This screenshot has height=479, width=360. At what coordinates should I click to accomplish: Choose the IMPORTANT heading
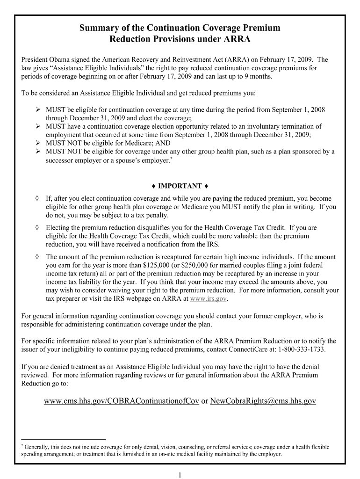(180, 186)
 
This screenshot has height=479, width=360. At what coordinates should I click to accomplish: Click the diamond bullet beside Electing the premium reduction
(37, 228)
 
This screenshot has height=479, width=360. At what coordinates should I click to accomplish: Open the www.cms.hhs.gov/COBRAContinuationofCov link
(122, 401)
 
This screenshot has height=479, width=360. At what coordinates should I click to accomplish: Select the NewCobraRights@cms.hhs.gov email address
(263, 401)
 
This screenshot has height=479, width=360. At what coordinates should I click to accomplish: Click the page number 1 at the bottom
(180, 475)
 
